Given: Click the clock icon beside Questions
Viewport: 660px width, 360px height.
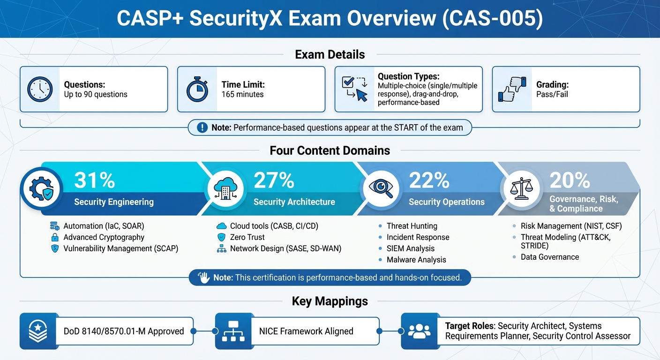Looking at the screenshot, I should [40, 89].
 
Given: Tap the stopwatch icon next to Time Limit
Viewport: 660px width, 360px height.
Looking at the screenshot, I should [197, 89].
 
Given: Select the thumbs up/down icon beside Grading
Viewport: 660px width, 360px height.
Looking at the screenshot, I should [512, 89].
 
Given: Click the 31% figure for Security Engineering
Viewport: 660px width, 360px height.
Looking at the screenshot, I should [94, 180].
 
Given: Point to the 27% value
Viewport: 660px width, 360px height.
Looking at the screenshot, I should [274, 180].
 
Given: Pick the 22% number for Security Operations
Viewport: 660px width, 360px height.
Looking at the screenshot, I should [429, 180].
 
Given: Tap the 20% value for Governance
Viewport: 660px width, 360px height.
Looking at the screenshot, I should [570, 180].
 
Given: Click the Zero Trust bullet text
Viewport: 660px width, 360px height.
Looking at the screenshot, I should [247, 237].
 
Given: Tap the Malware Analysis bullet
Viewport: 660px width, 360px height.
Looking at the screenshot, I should [416, 260].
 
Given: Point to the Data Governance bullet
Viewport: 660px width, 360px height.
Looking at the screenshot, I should [549, 257].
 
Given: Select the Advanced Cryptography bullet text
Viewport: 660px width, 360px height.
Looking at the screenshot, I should [104, 237].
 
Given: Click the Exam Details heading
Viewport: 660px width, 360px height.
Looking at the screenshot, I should [330, 54].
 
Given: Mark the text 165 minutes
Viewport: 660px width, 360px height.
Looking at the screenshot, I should [242, 94].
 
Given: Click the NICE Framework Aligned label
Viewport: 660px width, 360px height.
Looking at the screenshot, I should [306, 331].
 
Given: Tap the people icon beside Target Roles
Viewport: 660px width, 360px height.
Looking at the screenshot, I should [419, 331].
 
